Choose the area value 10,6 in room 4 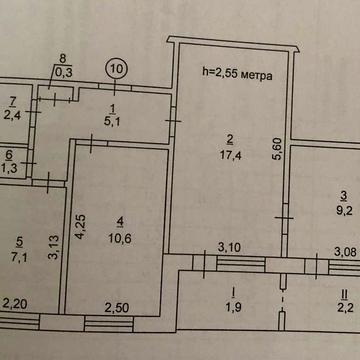[x=120, y=236]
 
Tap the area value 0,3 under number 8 [x=64, y=72]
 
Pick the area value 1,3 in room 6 [x=9, y=168]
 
